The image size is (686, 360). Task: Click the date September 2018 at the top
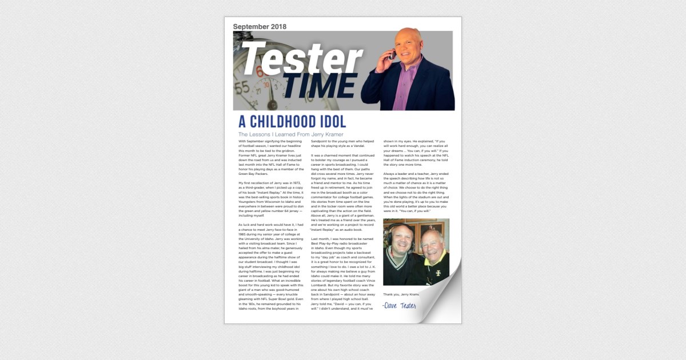click(x=260, y=26)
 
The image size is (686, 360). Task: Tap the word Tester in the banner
click(x=301, y=58)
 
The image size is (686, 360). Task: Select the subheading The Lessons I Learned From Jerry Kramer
click(x=290, y=134)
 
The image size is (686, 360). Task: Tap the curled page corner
click(x=440, y=300)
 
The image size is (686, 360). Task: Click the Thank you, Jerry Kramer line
click(x=400, y=294)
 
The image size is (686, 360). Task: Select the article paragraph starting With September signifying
click(x=269, y=157)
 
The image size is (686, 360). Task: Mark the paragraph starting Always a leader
click(x=415, y=192)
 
